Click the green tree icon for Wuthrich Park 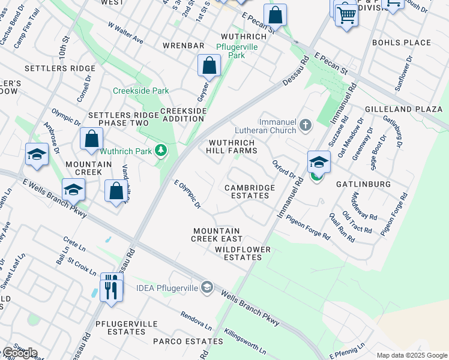(x=160, y=149)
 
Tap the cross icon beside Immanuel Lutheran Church (x=306, y=125)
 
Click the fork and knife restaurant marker (x=111, y=287)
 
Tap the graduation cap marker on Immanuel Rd (x=318, y=161)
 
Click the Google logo (x=19, y=353)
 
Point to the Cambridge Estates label (x=250, y=191)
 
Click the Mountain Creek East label (x=216, y=235)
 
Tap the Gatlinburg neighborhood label (x=363, y=184)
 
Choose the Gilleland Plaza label (x=403, y=109)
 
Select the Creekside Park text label (x=140, y=91)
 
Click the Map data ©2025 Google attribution (x=411, y=355)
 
